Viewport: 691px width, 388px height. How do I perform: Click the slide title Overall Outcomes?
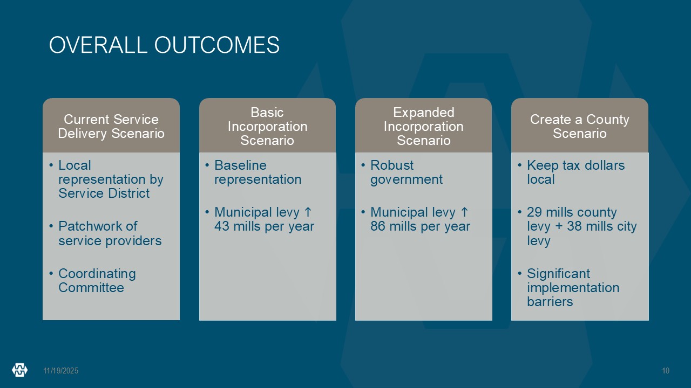tap(164, 45)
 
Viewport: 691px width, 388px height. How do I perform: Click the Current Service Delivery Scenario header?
tap(111, 126)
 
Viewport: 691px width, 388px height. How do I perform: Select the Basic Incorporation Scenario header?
tap(267, 126)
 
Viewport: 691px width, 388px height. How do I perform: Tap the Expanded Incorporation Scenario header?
tap(424, 126)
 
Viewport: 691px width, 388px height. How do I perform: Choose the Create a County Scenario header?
tap(580, 126)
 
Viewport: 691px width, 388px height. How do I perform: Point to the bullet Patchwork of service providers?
tap(110, 233)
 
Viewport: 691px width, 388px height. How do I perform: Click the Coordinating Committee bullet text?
tap(97, 281)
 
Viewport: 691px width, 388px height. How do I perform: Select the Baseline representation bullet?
tap(258, 172)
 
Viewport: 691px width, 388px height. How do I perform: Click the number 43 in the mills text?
tap(222, 226)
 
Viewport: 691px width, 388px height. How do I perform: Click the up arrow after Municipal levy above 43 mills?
tap(308, 212)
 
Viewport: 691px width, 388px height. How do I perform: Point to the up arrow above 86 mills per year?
tap(464, 212)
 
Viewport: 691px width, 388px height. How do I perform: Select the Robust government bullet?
tap(407, 172)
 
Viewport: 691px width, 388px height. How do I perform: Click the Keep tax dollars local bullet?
tap(575, 172)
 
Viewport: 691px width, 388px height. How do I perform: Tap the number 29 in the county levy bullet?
tap(534, 212)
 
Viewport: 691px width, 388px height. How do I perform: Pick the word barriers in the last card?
tap(550, 301)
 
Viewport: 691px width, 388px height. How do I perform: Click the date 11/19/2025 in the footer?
tap(61, 371)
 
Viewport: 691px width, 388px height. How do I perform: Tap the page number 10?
tap(666, 371)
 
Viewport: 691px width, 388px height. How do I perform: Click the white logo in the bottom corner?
tap(20, 370)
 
